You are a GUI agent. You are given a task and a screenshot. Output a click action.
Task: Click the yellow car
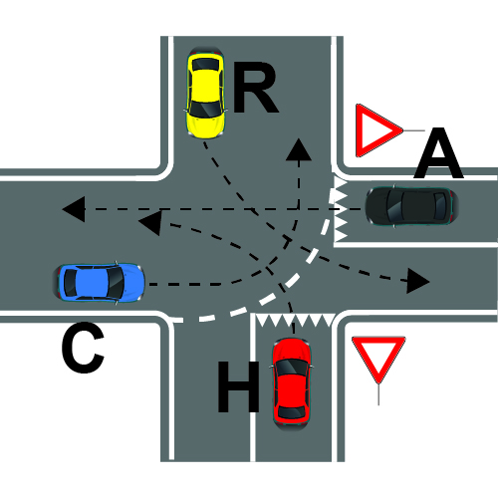206,93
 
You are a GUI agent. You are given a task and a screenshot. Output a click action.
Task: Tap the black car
412,206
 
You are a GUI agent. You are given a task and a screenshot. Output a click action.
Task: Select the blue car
99,283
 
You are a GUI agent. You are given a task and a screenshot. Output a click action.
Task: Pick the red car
291,383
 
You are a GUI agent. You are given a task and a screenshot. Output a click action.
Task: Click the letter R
255,89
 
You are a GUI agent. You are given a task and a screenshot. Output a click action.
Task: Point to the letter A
438,152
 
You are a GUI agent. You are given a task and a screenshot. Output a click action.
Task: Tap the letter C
83,347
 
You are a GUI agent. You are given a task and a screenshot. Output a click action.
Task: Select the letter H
239,386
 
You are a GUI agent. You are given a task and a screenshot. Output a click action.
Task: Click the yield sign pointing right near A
375,130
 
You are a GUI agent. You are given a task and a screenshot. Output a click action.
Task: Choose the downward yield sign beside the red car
378,358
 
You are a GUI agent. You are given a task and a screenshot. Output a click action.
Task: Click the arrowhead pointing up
299,150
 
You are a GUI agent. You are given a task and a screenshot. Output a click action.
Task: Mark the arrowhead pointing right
417,281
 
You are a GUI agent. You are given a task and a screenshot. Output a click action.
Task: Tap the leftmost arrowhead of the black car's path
75,209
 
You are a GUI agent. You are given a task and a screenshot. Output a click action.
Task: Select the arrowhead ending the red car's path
151,222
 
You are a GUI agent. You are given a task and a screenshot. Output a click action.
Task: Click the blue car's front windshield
116,283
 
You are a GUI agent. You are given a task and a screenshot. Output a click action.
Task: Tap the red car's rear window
291,411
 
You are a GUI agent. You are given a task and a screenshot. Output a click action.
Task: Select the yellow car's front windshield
205,110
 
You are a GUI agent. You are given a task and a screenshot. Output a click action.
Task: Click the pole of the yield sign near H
378,394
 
